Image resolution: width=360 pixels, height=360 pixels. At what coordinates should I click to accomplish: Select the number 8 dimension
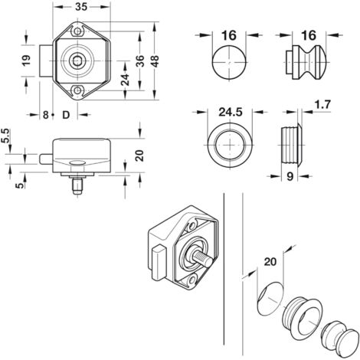click(46, 115)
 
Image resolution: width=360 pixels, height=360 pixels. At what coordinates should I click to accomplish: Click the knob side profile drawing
click(303, 64)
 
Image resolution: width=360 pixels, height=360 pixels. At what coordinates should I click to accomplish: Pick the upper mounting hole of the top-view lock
click(78, 32)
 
